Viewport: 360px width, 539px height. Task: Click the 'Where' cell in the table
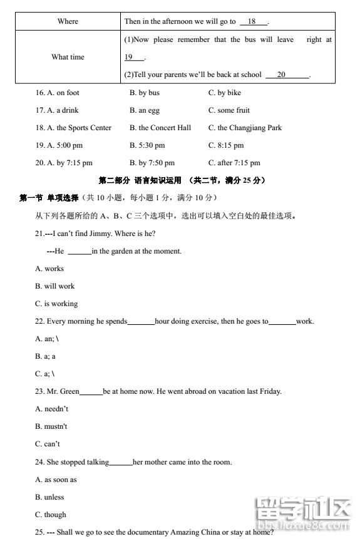pyautogui.click(x=68, y=21)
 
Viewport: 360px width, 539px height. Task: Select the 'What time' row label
pyautogui.click(x=68, y=57)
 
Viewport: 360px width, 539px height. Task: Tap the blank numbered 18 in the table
pyautogui.click(x=252, y=21)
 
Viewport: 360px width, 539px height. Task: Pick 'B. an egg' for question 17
pyautogui.click(x=145, y=110)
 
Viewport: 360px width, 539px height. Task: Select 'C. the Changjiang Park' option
pyautogui.click(x=245, y=128)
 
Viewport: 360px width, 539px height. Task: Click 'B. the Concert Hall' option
pyautogui.click(x=160, y=128)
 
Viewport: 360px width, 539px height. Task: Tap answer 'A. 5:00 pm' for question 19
pyautogui.click(x=64, y=145)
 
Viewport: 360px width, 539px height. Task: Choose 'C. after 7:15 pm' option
pyautogui.click(x=234, y=163)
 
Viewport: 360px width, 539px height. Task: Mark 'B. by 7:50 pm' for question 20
pyautogui.click(x=152, y=163)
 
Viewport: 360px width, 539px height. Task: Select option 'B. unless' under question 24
pyautogui.click(x=49, y=497)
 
